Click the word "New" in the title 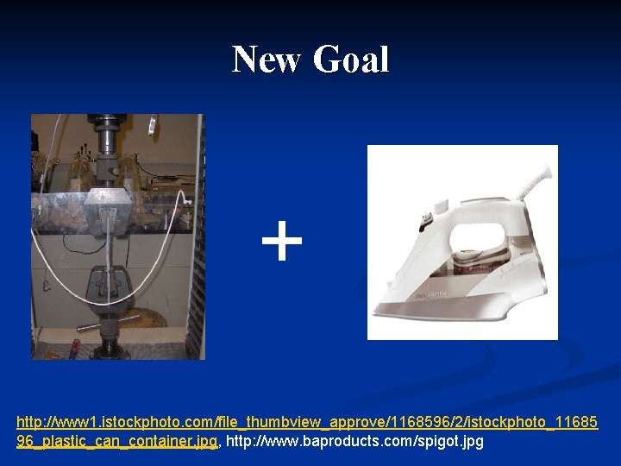[x=267, y=60]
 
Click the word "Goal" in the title [x=351, y=60]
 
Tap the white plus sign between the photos [x=282, y=242]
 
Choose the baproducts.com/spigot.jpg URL [x=354, y=442]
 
